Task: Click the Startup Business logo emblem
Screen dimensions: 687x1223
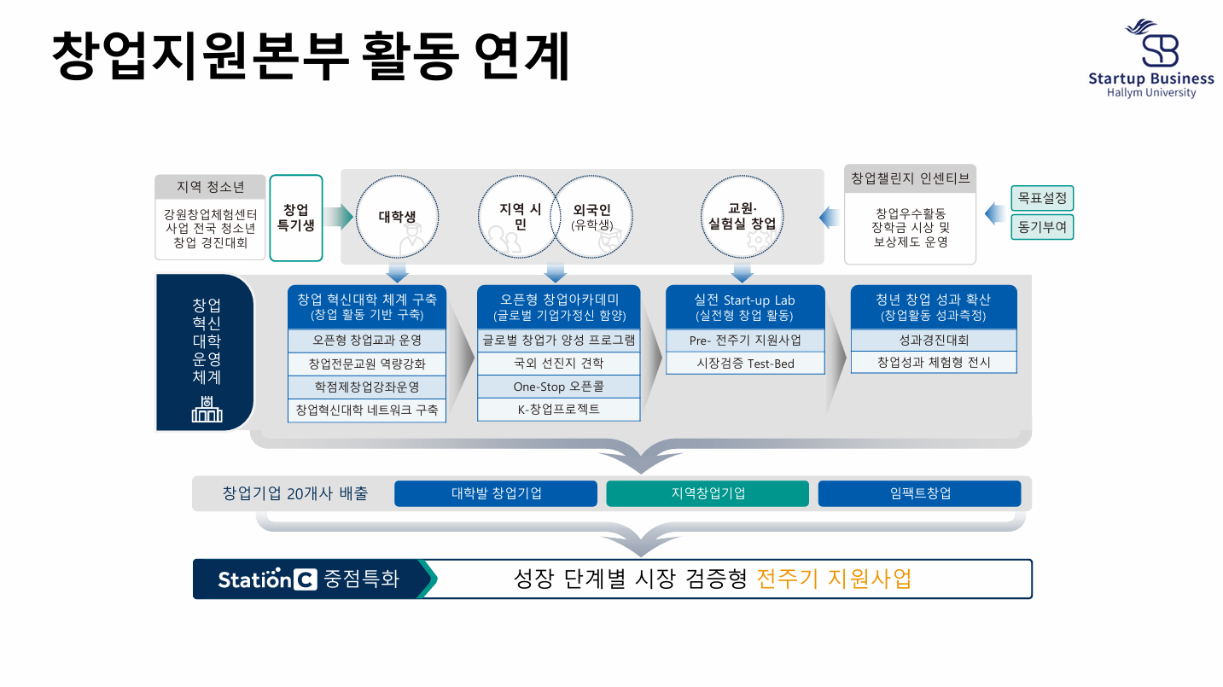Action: tap(1150, 44)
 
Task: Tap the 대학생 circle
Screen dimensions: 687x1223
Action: tap(397, 217)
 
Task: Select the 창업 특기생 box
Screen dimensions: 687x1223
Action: tap(296, 218)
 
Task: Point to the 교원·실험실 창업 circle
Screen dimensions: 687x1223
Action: tap(742, 217)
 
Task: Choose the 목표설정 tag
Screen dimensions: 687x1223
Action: tap(1042, 199)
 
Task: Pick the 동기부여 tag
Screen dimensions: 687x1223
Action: tap(1042, 227)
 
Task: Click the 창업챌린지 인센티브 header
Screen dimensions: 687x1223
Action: tap(910, 178)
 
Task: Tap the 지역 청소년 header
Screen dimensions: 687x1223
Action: tap(210, 187)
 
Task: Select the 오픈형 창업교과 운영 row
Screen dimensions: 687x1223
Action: tap(367, 341)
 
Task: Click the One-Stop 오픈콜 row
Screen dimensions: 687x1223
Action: tap(558, 387)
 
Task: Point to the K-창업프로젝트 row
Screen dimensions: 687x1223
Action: tap(558, 410)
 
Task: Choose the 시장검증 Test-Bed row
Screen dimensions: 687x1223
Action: tap(745, 364)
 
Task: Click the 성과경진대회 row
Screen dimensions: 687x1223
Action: tap(934, 341)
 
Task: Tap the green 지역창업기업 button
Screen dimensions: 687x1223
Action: tap(708, 493)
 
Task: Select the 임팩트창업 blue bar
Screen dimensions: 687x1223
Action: tap(919, 493)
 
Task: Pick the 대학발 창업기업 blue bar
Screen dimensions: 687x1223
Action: tap(496, 493)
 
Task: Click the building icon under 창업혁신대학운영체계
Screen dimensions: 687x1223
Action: tap(207, 410)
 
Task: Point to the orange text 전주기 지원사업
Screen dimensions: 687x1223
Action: tap(834, 579)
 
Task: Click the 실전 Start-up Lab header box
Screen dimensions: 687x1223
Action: tap(745, 307)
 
